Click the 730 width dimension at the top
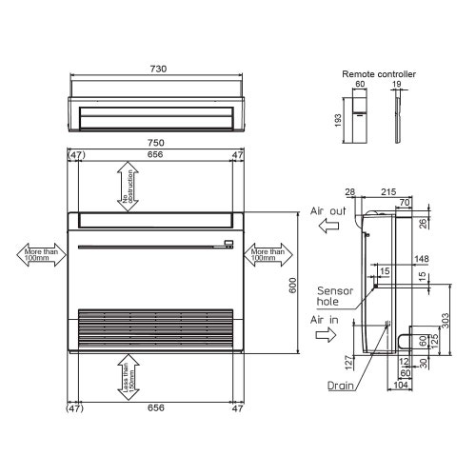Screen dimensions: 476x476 click(158, 69)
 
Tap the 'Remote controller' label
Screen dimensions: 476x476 click(378, 73)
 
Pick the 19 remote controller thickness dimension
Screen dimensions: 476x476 click(397, 84)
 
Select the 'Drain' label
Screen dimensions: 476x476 click(342, 387)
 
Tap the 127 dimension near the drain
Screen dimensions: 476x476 click(349, 361)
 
